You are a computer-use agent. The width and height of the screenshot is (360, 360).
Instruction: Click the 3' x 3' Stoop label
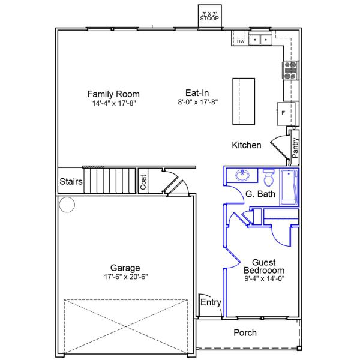coord(209,16)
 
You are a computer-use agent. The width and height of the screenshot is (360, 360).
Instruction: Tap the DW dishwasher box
coord(240,41)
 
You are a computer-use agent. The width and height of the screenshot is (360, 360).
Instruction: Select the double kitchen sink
coord(260,40)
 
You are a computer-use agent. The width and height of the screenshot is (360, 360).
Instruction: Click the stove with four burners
coord(290,71)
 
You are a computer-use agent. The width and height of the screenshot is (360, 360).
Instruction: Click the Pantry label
coord(295,148)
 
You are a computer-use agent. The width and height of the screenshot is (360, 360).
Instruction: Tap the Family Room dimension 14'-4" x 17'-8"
coord(113,103)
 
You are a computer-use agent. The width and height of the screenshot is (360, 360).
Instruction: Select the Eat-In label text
coord(197,93)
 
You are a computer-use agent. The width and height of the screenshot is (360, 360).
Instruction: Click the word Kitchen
coord(247,145)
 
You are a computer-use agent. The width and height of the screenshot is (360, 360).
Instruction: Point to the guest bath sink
coord(244,176)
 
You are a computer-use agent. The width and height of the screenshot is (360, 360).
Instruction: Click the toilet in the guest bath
coord(269,178)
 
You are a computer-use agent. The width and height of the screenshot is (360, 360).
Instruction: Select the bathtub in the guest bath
coord(289,187)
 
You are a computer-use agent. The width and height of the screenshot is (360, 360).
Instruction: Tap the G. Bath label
coord(260,194)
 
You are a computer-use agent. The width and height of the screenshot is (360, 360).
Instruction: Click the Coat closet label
coord(143,182)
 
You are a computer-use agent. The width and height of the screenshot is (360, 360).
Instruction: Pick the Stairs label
coord(71,181)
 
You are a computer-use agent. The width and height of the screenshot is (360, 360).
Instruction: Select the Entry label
coord(211,302)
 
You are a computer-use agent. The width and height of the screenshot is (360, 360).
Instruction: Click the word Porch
coord(245,332)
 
